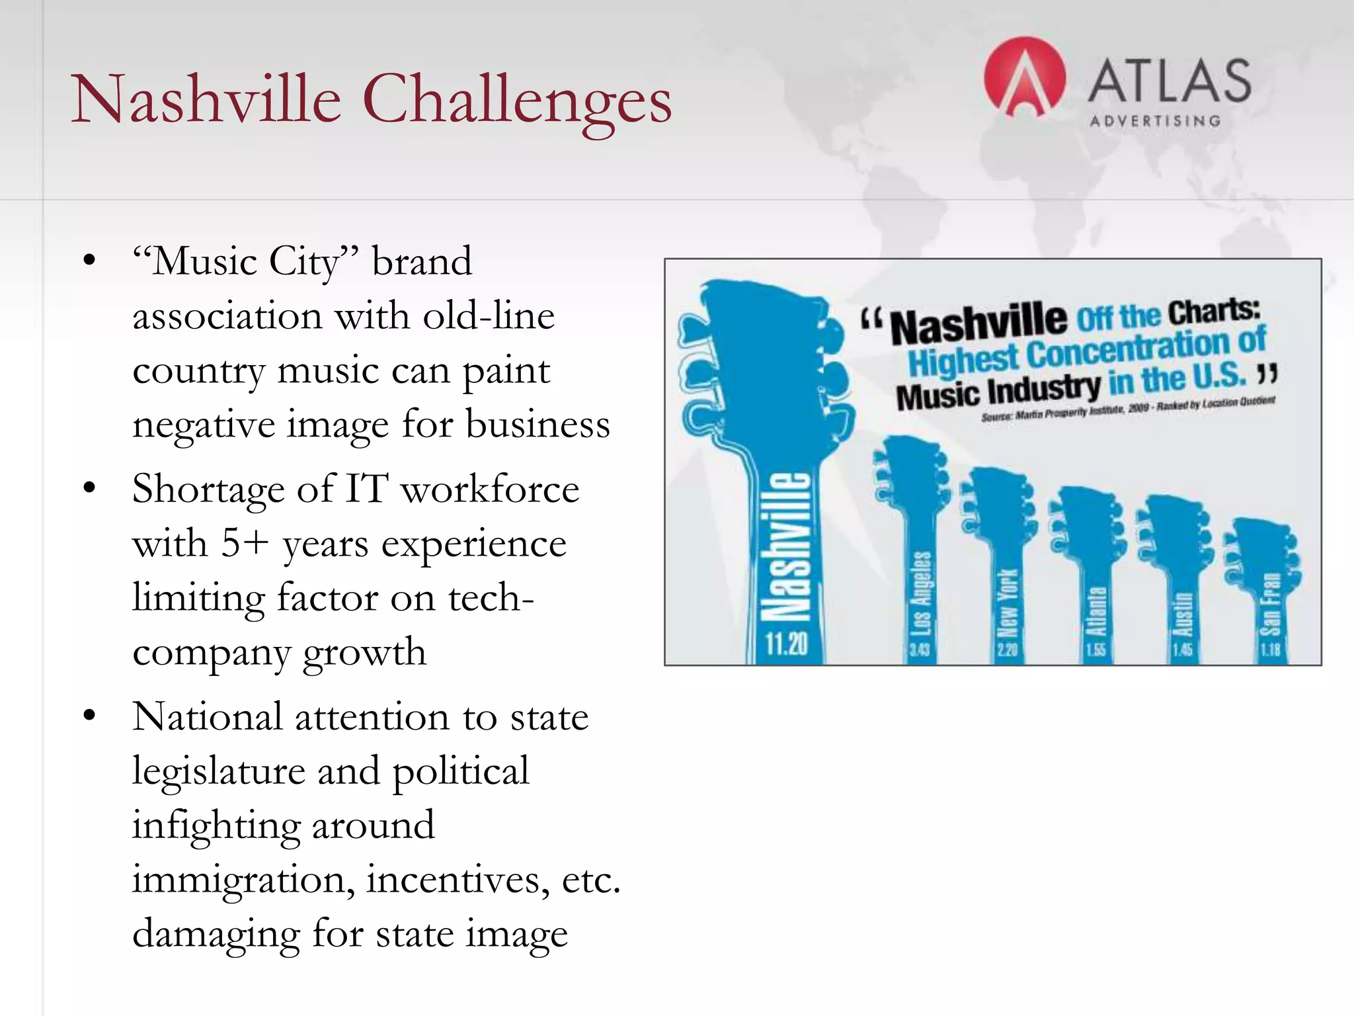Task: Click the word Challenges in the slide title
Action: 517,101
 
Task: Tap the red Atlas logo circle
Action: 1024,77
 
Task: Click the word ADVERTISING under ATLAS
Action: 1154,121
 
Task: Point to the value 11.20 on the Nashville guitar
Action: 787,643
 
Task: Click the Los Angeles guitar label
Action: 921,593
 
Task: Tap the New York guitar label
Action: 1007,603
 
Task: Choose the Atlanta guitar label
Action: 1095,612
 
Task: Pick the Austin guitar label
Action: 1183,615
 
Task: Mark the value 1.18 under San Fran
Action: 1270,650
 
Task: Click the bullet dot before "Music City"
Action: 90,260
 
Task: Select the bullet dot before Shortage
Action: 90,489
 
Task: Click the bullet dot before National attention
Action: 90,716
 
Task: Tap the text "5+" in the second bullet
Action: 245,544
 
